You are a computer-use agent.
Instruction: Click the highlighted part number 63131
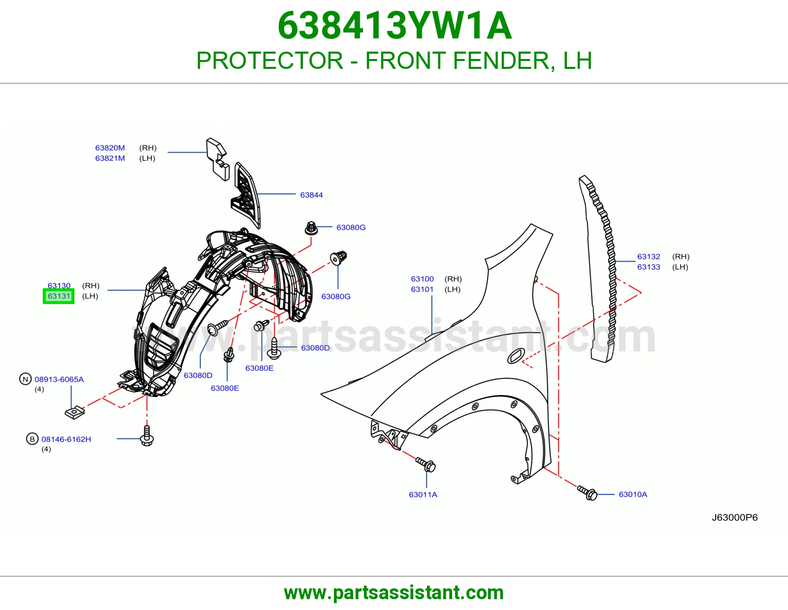59,296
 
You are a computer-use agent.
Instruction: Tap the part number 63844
311,195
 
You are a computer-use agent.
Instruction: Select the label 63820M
110,148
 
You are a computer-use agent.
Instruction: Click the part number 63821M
110,158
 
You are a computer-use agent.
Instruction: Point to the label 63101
422,289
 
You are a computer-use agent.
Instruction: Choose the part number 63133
649,267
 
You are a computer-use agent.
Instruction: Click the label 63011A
423,494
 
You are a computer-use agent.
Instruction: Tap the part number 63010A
633,494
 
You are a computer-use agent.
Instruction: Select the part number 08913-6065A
59,379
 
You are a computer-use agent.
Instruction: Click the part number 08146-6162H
66,439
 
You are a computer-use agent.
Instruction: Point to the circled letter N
26,379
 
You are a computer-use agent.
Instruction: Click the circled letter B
33,439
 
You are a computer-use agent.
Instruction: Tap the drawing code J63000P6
734,517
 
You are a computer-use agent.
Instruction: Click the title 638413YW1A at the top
394,26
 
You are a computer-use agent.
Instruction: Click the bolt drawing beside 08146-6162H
147,436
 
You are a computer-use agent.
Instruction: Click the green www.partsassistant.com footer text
394,593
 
